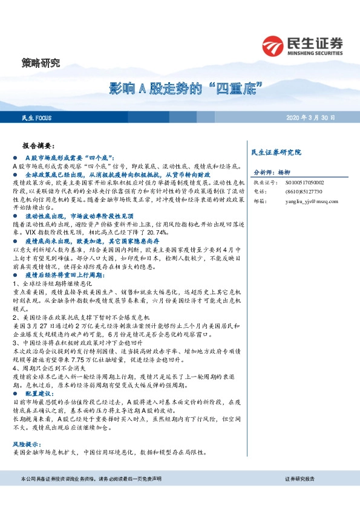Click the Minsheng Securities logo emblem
[x=273, y=45]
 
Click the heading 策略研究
[x=41, y=62]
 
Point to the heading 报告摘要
[x=38, y=146]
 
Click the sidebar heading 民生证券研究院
[x=275, y=151]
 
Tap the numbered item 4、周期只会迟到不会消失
[x=51, y=367]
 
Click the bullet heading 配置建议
[x=39, y=393]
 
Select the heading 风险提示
[x=27, y=444]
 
